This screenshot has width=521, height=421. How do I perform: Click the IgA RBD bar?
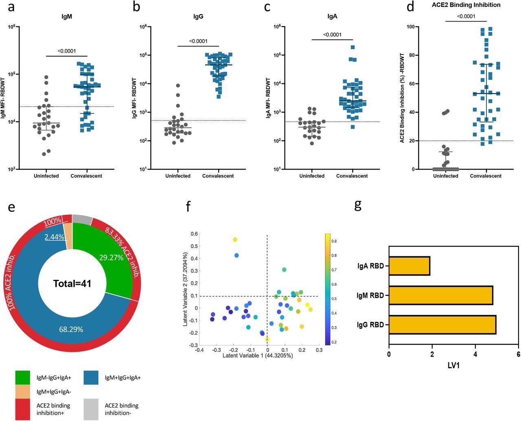coord(409,266)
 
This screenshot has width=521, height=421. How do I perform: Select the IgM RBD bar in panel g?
coord(440,295)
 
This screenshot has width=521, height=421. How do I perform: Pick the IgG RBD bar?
coord(442,325)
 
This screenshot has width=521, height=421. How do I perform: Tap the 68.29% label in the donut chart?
coord(71,329)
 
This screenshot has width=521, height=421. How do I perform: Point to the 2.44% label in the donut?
coord(55,236)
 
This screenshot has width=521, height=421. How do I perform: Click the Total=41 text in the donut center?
coord(72,284)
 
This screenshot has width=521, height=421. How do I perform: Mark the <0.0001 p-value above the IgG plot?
coord(198,41)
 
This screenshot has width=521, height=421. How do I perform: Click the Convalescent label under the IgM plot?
coord(86,176)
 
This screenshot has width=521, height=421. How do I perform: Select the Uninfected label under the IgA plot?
coord(312,176)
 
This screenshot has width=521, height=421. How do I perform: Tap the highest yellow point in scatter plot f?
coord(235,240)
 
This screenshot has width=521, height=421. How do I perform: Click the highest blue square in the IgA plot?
coord(352,48)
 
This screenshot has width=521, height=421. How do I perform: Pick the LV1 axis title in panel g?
coord(453,366)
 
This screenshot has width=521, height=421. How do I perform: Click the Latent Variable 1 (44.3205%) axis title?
coord(258,355)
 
